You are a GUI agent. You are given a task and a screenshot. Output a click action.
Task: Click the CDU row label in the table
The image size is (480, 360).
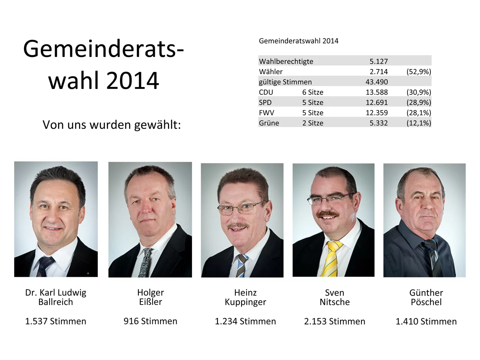tap(266, 92)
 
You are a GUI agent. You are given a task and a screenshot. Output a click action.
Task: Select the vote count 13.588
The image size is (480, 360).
tap(376, 92)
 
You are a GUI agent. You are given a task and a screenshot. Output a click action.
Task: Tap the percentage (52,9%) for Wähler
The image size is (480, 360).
tap(418, 72)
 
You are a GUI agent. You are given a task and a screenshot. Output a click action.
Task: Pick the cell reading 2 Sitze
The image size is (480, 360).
tap(313, 123)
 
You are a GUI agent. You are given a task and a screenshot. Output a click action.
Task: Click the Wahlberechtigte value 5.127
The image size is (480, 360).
tap(378, 61)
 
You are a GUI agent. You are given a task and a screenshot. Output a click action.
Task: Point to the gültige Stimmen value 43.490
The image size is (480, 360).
tap(376, 82)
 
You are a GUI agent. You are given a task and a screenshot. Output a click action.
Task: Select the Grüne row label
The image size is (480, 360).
tap(269, 123)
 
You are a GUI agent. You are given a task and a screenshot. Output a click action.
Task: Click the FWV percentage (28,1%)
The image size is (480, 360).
tap(418, 112)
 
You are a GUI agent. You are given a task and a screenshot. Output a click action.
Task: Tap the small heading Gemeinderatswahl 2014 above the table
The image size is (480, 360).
tap(298, 41)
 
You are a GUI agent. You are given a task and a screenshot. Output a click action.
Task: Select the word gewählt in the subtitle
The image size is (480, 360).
tap(157, 125)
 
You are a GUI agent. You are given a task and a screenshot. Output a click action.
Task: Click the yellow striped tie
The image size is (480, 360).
tap(332, 259)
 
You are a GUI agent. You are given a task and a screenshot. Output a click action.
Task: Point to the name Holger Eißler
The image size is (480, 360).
tap(150, 297)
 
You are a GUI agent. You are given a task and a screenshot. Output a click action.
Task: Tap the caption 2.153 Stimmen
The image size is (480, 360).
tap(334, 321)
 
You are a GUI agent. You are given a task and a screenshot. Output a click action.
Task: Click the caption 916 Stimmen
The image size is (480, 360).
tap(150, 321)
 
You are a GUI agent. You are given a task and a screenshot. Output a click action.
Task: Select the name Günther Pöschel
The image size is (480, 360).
tap(426, 297)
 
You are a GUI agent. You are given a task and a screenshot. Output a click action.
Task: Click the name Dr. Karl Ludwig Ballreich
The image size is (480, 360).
tap(55, 297)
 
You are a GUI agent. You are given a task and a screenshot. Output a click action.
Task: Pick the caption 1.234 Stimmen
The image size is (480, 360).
tap(245, 321)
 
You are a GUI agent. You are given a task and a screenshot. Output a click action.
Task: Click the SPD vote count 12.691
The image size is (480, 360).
tap(376, 102)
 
